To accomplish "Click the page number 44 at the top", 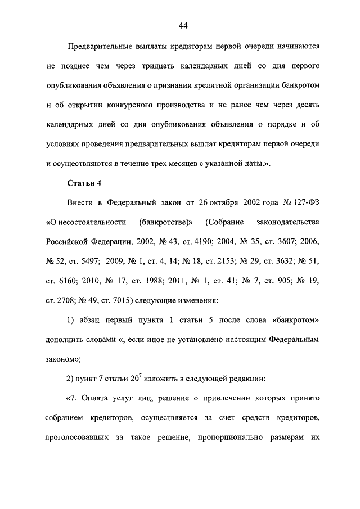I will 183,25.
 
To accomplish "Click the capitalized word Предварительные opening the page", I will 102,47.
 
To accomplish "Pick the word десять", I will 307,105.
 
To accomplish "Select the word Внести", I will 81,202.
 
